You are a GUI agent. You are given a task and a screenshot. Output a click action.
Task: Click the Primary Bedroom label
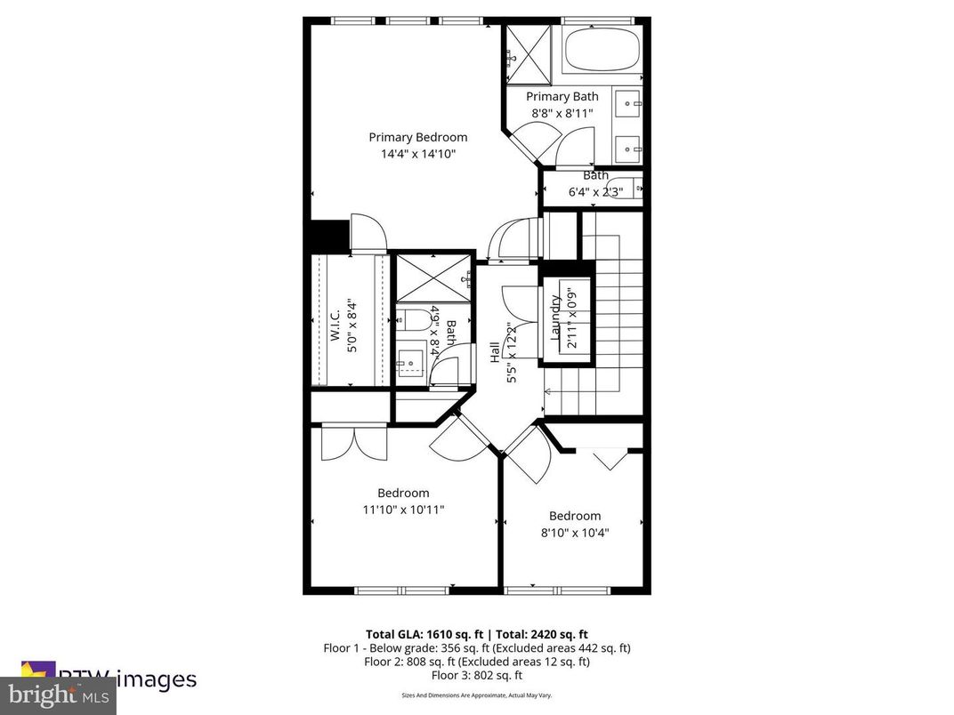tap(417, 137)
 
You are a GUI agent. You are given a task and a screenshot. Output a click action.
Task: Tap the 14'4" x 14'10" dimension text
tap(417, 154)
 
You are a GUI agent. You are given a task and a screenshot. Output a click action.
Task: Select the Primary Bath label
tap(562, 96)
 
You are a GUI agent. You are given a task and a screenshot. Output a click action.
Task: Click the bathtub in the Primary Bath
tap(602, 50)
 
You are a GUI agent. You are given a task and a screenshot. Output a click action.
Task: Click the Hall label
tap(495, 352)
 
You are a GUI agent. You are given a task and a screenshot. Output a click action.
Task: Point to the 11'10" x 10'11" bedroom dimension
tap(403, 510)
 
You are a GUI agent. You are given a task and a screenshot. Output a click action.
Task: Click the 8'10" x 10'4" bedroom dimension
tap(574, 533)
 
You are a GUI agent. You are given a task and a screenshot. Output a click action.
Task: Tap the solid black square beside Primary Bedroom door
tap(327, 236)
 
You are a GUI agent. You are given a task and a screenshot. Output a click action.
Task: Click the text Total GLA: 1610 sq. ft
tap(421, 634)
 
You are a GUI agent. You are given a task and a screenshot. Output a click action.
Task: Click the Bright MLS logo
tap(58, 695)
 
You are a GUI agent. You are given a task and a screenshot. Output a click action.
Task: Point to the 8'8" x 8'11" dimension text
tap(562, 113)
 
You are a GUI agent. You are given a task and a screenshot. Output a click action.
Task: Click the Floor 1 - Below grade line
tap(476, 648)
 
